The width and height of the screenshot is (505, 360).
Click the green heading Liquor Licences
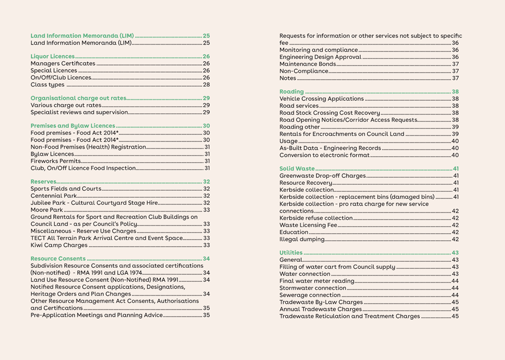tap(53, 56)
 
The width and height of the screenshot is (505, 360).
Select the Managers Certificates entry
tap(63, 63)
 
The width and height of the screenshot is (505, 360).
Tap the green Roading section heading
tap(292, 92)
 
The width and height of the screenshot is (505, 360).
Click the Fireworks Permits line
tap(55, 161)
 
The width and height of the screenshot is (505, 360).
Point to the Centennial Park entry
tap(54, 196)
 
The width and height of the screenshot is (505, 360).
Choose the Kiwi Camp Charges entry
tap(59, 245)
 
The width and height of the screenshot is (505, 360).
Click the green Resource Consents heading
tap(58, 259)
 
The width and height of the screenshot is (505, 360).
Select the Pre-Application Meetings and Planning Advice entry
tap(97, 315)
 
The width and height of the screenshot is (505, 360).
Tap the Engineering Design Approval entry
tap(320, 57)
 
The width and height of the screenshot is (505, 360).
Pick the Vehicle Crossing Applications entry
tap(322, 99)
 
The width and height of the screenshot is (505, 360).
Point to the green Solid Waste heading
tap(297, 169)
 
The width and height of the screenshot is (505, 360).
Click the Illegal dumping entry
tap(301, 239)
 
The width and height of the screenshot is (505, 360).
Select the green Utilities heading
tap(291, 253)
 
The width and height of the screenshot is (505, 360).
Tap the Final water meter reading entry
tap(316, 281)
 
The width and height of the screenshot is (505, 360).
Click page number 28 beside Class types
tap(206, 85)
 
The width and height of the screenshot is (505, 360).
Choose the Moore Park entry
tap(47, 210)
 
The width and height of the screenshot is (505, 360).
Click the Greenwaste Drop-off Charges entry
tap(322, 176)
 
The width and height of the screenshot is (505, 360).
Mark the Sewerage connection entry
tap(310, 295)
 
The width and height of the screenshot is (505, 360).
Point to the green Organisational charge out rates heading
tap(78, 98)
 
